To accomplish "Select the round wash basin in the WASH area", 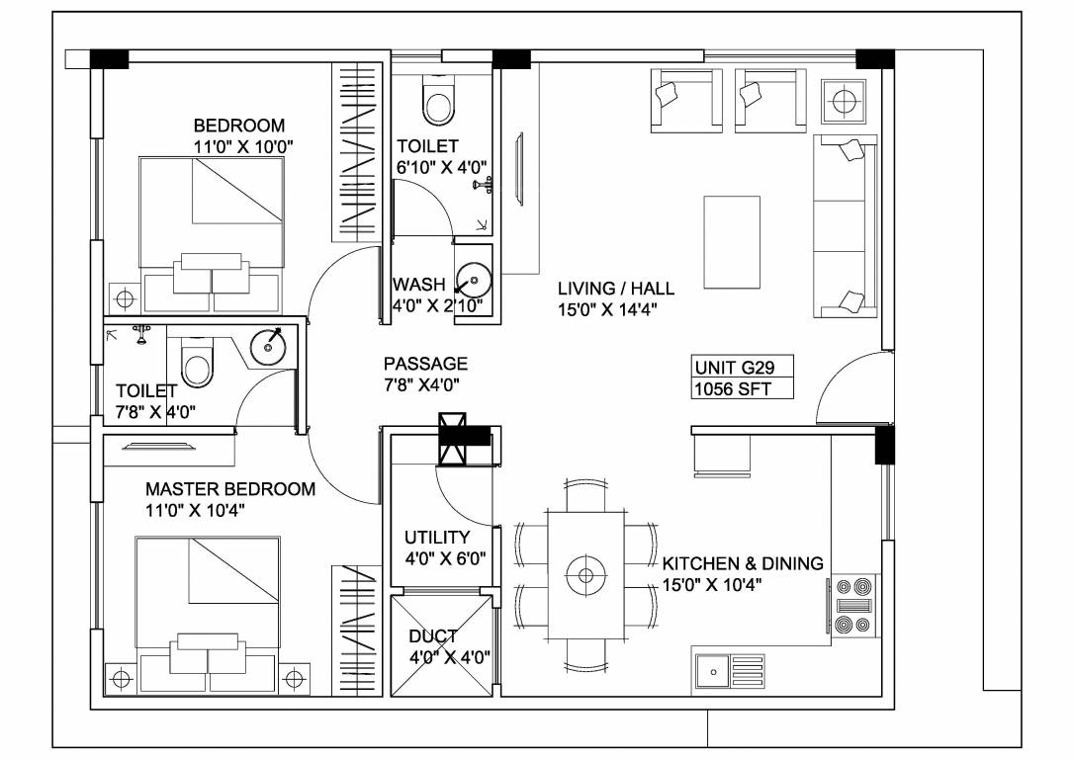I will pos(475,280).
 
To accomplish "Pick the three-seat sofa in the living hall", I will pos(846,226).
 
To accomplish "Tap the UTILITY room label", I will pos(436,538).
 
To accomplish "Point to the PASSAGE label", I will pos(425,364).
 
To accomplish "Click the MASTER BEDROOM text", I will pos(230,489).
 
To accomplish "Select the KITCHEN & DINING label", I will pos(742,563).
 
